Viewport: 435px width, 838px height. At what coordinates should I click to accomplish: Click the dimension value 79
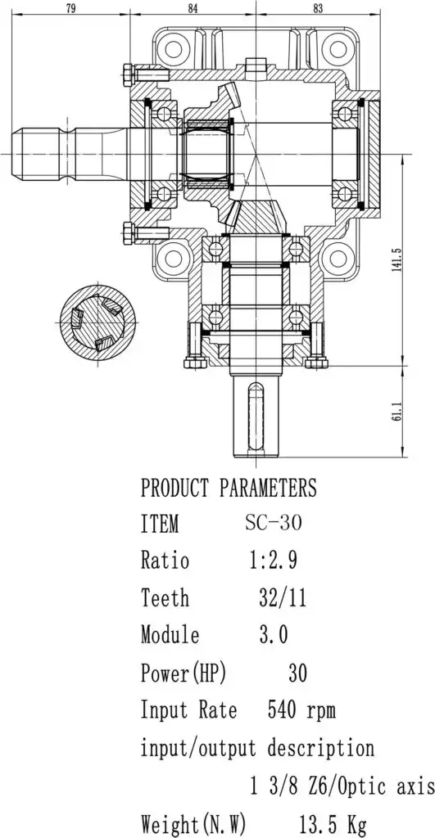[70, 8]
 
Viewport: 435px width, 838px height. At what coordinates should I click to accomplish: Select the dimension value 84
[193, 8]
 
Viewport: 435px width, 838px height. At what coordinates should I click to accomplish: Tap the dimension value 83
[318, 8]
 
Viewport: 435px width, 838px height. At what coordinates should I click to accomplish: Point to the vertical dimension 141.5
[397, 259]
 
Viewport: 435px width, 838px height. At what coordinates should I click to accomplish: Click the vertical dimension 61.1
[397, 412]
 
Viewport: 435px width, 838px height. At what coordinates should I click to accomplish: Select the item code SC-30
[274, 522]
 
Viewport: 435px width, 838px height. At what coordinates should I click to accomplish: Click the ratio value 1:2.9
[274, 560]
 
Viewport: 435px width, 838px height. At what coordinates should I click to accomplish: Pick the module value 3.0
[274, 635]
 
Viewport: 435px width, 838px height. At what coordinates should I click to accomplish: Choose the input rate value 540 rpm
[301, 711]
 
